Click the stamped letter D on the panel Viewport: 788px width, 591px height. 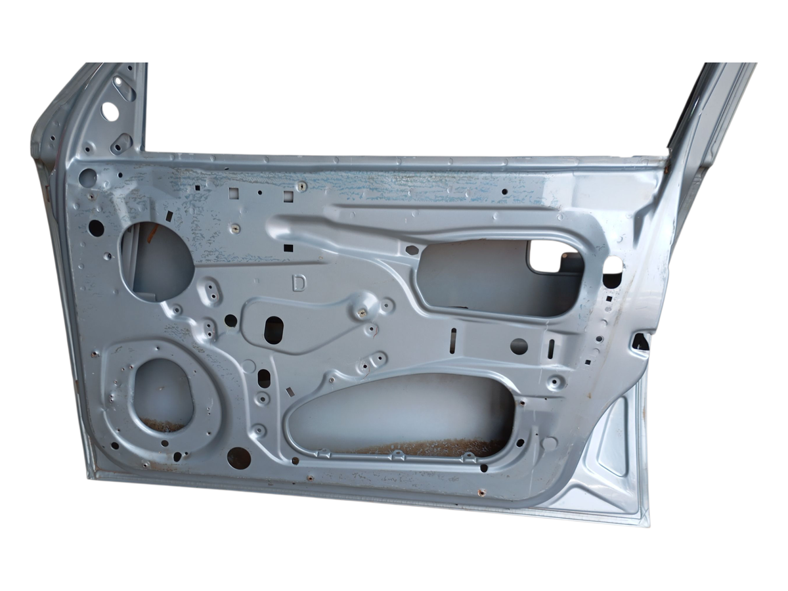coord(299,283)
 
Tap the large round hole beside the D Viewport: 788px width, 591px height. coord(156,257)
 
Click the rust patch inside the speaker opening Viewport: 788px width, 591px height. coord(164,426)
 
